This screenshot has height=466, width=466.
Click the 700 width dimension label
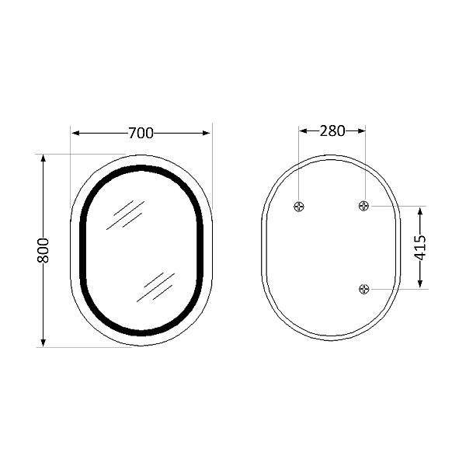click(x=141, y=133)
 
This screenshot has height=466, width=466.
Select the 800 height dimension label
click(x=43, y=250)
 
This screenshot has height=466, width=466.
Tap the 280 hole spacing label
click(x=332, y=130)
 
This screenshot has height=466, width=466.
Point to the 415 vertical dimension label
click(x=420, y=248)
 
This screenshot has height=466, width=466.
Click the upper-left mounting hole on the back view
click(x=300, y=206)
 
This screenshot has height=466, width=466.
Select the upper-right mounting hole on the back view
click(x=364, y=206)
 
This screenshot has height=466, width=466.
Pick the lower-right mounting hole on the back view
click(x=364, y=289)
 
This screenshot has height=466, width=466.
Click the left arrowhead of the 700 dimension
click(x=75, y=133)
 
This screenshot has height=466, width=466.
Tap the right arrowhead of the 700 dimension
click(x=207, y=133)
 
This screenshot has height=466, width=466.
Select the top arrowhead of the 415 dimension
click(x=420, y=210)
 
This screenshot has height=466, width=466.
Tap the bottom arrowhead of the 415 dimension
click(x=420, y=284)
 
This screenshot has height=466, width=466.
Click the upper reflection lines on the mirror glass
click(x=126, y=214)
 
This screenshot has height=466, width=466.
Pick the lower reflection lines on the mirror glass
click(x=155, y=287)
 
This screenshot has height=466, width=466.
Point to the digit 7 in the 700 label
click(x=132, y=133)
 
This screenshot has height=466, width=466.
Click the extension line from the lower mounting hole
click(x=400, y=289)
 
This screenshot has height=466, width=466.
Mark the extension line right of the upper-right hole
click(x=400, y=206)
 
